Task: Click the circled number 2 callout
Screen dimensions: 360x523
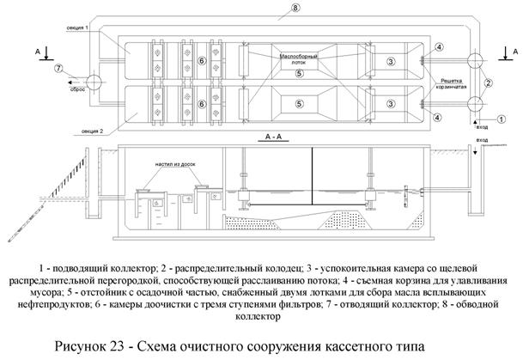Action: coord(488,83)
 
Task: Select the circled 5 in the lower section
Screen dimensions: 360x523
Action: coord(296,103)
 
